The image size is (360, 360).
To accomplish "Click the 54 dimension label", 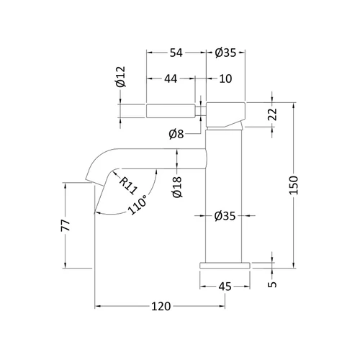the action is pyautogui.click(x=176, y=53).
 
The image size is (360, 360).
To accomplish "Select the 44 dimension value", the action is pyautogui.click(x=171, y=78).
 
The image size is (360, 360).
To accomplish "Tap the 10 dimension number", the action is pyautogui.click(x=225, y=78).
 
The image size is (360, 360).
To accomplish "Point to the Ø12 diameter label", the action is pyautogui.click(x=121, y=76).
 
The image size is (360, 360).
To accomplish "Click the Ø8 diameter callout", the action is pyautogui.click(x=176, y=134).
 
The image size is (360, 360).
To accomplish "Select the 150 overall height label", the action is pyautogui.click(x=293, y=185).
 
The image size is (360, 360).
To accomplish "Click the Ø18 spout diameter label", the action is pyautogui.click(x=178, y=187).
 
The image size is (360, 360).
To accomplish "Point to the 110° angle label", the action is pyautogui.click(x=137, y=204).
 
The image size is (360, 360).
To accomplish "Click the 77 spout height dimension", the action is pyautogui.click(x=66, y=225).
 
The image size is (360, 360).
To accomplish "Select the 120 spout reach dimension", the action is pyautogui.click(x=161, y=306).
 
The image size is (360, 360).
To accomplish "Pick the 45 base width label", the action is pyautogui.click(x=225, y=287).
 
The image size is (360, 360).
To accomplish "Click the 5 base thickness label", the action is pyautogui.click(x=272, y=284).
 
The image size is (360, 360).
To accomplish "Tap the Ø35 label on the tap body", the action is pyautogui.click(x=225, y=216).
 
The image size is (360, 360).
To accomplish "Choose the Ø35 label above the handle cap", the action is pyautogui.click(x=225, y=53).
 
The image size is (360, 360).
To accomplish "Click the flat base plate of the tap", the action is pyautogui.click(x=225, y=266).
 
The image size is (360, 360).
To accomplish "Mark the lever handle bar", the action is pyautogui.click(x=171, y=111).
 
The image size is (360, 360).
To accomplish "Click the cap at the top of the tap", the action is pyautogui.click(x=226, y=114).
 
